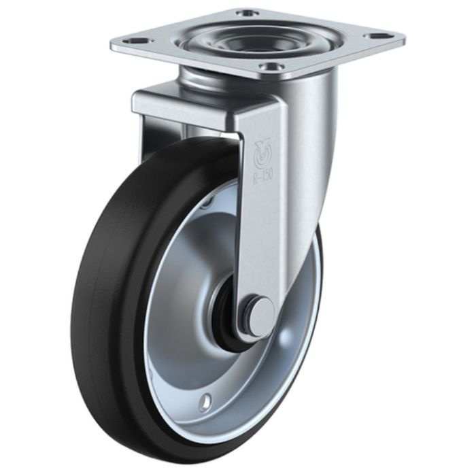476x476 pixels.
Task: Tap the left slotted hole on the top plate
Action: (135, 40)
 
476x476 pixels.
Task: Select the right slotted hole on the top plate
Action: (375, 36)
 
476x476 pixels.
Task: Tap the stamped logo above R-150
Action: (261, 154)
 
